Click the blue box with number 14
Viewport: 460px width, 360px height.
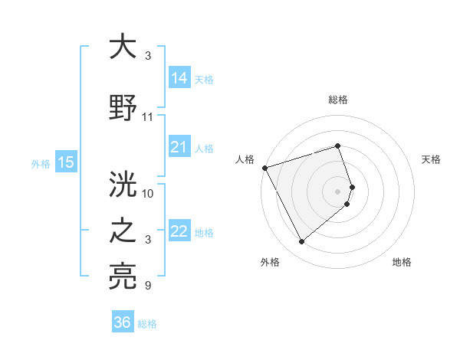(x=179, y=78)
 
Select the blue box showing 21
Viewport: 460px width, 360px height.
(x=179, y=147)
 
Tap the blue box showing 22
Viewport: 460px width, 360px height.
(x=179, y=231)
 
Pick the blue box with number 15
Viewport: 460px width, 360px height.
(x=66, y=162)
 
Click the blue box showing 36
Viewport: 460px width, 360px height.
(x=123, y=322)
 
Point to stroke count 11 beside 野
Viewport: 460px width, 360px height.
(x=148, y=117)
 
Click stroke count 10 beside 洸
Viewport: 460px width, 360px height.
(x=148, y=193)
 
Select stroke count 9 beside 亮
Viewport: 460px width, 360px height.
(x=148, y=286)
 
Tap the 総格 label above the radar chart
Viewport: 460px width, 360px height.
(x=338, y=100)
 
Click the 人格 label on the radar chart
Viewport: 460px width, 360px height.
(x=245, y=159)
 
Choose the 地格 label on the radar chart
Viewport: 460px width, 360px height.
(x=402, y=262)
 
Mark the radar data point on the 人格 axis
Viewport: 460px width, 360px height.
(x=264, y=167)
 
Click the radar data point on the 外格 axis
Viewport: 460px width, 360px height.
(x=301, y=242)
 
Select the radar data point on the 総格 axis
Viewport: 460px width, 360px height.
(x=338, y=146)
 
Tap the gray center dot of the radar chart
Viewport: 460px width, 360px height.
(x=338, y=191)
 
